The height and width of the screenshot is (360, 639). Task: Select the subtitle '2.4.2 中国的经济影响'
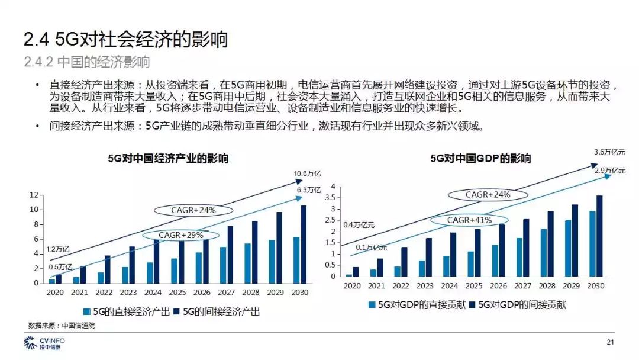point(87,62)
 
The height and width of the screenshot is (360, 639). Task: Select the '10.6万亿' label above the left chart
point(307,173)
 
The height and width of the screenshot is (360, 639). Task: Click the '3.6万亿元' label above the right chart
point(609,152)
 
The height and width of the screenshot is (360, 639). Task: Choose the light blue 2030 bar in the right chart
point(592,243)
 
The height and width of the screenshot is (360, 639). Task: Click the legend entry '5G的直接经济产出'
point(127,311)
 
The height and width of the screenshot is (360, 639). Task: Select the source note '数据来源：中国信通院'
point(62,326)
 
